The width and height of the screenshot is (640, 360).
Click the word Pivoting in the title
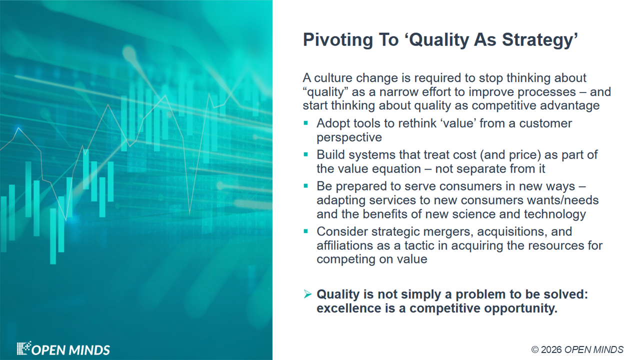[337, 40]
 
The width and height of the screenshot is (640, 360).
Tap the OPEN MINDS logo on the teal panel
[63, 348]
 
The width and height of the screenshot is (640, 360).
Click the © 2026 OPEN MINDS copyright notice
[577, 349]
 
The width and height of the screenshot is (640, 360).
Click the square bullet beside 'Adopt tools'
[305, 123]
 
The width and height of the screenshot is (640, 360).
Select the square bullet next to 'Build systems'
[305, 154]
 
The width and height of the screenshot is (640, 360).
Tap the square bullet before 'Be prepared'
[305, 186]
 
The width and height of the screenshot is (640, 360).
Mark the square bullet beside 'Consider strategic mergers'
[305, 231]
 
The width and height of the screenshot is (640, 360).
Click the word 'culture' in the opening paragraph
[333, 77]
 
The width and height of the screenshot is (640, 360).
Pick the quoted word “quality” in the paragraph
[325, 92]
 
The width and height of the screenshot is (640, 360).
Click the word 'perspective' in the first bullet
[349, 137]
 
